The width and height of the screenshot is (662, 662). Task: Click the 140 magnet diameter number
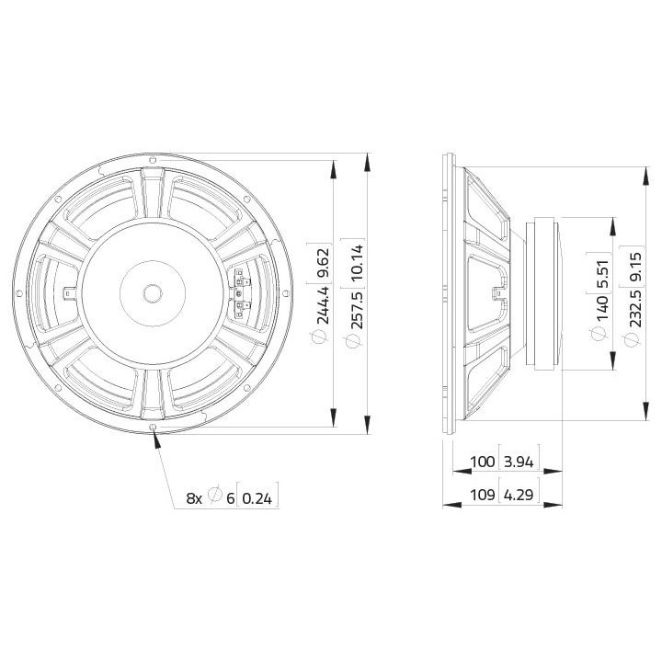click(x=602, y=312)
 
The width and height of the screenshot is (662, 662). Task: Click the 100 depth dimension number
click(x=480, y=461)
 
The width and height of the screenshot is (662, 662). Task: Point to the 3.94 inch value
click(x=519, y=461)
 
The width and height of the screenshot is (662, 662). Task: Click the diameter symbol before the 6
click(x=214, y=497)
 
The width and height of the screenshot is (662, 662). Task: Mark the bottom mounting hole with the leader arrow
click(x=152, y=428)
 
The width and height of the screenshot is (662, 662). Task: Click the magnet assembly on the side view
click(x=544, y=292)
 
